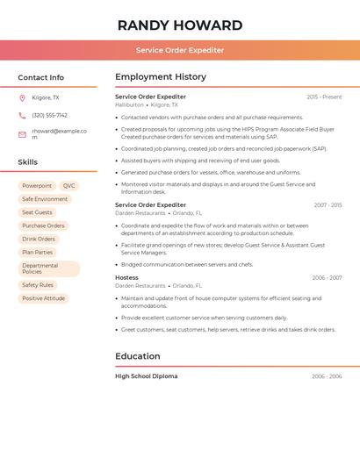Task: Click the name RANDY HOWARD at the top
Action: tap(179, 25)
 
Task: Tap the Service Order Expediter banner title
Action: tap(179, 50)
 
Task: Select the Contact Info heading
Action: tap(40, 77)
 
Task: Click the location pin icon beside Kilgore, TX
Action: tap(22, 97)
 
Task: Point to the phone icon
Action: tap(22, 115)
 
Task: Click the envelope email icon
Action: tap(22, 134)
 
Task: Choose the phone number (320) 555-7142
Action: tap(49, 115)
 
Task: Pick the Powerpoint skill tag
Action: tap(37, 186)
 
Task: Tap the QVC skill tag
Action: tap(69, 186)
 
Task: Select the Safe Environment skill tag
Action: tap(45, 199)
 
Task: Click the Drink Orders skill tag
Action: tap(39, 239)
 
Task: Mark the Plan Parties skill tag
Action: tap(38, 252)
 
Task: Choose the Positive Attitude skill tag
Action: tap(44, 298)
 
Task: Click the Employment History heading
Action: tap(161, 77)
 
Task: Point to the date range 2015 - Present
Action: tap(324, 97)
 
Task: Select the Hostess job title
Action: tap(126, 277)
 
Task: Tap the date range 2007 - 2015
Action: tap(328, 205)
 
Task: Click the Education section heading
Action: tap(138, 356)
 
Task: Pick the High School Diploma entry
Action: tap(146, 376)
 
